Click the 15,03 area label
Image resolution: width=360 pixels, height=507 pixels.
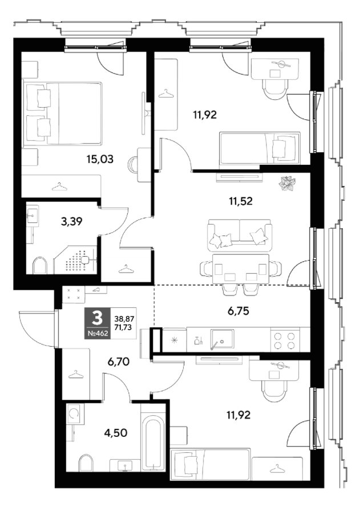100,159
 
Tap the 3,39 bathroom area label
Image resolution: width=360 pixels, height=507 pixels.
71,221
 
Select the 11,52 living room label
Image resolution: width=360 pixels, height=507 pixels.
241,201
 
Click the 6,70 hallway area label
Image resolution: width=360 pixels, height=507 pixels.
118,362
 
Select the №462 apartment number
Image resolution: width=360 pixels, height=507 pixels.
98,334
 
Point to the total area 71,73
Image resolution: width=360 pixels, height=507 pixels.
123,327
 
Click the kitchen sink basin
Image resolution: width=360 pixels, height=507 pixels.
222,339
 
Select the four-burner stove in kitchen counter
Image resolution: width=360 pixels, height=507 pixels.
285,340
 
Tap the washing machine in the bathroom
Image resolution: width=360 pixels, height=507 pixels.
75,413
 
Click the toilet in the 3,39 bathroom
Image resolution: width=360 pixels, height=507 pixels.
40,266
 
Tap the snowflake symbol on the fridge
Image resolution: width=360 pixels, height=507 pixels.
175,340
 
